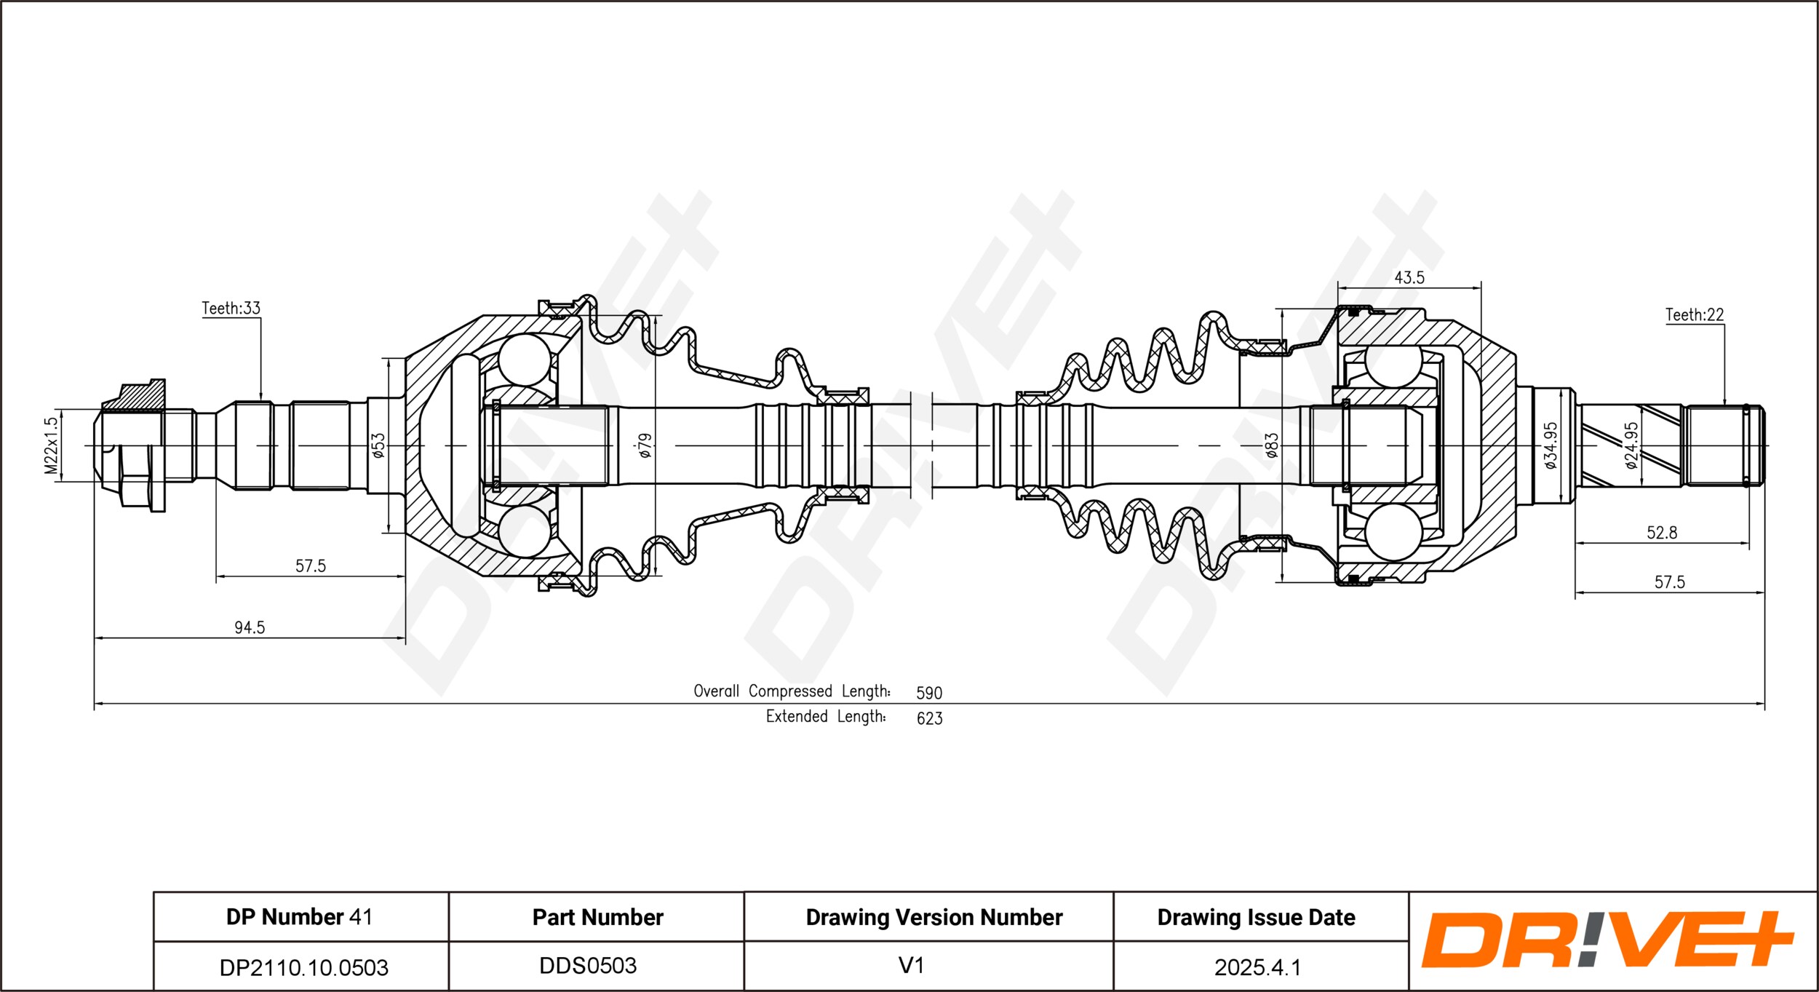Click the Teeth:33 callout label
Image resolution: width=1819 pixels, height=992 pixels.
(231, 309)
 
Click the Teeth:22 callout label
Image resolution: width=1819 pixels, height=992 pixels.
(1695, 315)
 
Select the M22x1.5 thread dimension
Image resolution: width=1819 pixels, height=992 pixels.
(51, 445)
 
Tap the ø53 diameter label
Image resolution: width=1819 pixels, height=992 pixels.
(378, 445)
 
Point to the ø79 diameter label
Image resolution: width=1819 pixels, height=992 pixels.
(645, 445)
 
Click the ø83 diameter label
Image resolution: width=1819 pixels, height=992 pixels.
(1271, 445)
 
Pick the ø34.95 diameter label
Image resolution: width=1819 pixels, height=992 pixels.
(1551, 445)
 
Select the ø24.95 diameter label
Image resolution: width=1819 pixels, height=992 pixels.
(1631, 445)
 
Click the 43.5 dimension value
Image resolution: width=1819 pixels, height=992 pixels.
(1409, 278)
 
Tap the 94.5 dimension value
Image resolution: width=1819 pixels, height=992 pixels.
(250, 627)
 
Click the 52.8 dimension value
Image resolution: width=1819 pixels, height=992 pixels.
(1662, 533)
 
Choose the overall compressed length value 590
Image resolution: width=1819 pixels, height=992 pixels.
(929, 693)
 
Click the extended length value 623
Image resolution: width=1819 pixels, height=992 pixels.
(929, 718)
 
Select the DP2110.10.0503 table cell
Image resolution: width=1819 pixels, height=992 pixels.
(303, 967)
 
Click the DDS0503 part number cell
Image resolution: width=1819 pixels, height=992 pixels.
(588, 966)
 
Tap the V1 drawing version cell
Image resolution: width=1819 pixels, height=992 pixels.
(911, 966)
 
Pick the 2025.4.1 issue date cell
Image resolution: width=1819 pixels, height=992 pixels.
(1257, 967)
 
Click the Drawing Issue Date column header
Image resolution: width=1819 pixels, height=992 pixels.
(1256, 918)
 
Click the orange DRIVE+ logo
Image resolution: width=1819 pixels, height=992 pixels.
(1607, 940)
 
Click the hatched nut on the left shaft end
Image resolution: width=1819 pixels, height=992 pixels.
(142, 397)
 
